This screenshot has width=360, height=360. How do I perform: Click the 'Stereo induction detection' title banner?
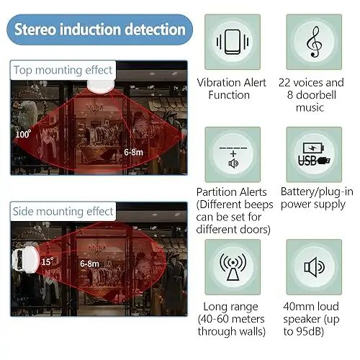pos(99,30)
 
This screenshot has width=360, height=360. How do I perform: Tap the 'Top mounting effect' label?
pos(63,70)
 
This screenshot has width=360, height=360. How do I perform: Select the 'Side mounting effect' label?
pos(63,212)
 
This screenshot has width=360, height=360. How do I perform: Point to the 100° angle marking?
pos(23,134)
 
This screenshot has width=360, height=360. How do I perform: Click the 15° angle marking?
pos(48,261)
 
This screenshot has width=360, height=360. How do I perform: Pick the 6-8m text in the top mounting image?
pos(133,152)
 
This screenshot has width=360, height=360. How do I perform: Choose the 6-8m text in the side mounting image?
pos(89,264)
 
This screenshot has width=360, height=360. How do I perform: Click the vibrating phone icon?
pos(233,42)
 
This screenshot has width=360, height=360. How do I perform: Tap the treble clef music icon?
pos(314,42)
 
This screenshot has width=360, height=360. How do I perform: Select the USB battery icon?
pos(314,154)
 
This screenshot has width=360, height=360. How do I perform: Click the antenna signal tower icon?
pos(233,267)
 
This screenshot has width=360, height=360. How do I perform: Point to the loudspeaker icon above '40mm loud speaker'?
pos(314,267)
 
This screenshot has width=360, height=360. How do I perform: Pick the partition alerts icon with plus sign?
pos(233,157)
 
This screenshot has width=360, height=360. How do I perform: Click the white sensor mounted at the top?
pos(100,86)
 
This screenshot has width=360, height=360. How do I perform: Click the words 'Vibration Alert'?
pos(232,83)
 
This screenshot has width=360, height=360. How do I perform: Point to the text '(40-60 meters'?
pos(231,319)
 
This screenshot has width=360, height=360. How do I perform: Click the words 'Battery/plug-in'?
pos(317,192)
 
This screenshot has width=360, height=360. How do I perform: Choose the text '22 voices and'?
pos(311,83)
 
